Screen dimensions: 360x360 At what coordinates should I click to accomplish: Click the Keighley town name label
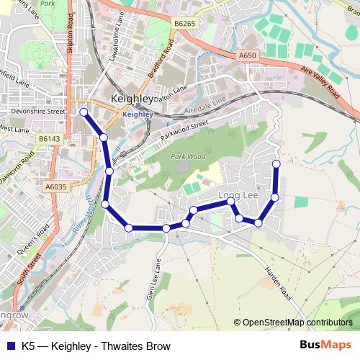point(132,99)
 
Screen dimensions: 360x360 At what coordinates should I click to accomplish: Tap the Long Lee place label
point(238,194)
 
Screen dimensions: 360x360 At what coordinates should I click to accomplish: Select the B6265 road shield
point(184,24)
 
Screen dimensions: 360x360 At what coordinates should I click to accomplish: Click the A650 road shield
point(247,55)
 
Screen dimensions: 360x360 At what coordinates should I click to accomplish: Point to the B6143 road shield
point(50,138)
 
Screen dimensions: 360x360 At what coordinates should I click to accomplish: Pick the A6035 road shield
point(55,186)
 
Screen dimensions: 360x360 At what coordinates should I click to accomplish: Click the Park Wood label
point(187,156)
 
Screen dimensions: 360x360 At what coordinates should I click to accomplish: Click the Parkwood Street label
point(184,132)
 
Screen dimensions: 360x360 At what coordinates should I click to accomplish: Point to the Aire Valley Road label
point(321,81)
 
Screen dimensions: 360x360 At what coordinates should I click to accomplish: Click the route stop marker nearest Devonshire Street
point(84,112)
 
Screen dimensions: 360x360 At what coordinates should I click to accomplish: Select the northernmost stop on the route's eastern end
point(276,163)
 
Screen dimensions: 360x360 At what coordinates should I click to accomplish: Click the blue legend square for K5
point(9,346)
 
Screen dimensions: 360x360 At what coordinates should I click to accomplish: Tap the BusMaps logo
point(325,346)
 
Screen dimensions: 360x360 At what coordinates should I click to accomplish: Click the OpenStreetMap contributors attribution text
point(293,323)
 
